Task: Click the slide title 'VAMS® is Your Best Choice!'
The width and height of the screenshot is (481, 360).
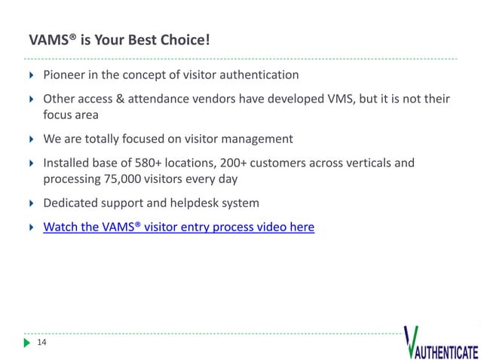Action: click(118, 38)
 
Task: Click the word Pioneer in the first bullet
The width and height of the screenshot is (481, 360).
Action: click(65, 75)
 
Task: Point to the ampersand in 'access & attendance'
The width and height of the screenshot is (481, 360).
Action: click(119, 99)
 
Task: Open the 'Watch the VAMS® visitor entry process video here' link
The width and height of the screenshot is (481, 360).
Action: click(179, 227)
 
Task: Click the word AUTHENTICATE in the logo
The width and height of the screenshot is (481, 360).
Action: click(446, 352)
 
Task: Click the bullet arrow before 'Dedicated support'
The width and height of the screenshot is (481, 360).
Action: click(31, 203)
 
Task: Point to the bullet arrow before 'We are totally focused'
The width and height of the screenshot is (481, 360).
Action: click(31, 139)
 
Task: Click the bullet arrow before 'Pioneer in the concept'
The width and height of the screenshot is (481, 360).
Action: click(31, 75)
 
